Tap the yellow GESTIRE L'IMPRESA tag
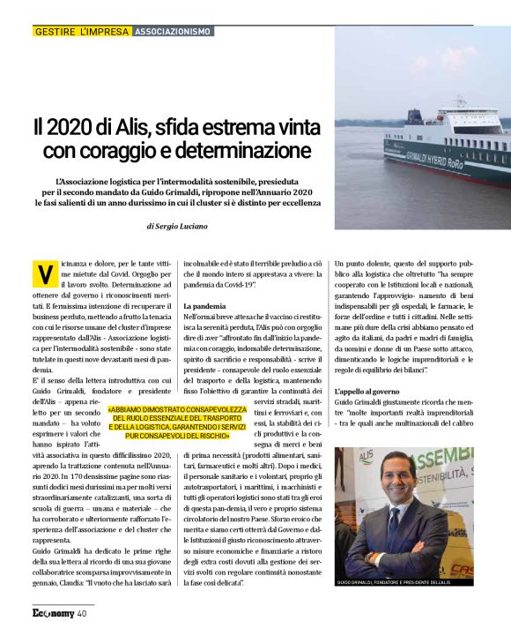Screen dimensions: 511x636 pos(81,32)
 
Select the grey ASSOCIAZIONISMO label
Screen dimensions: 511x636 pos(173,32)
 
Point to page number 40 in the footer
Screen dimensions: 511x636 pos(81,613)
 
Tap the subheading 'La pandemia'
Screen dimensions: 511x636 pos(204,305)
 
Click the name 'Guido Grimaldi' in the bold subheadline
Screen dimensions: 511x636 pos(233,191)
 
